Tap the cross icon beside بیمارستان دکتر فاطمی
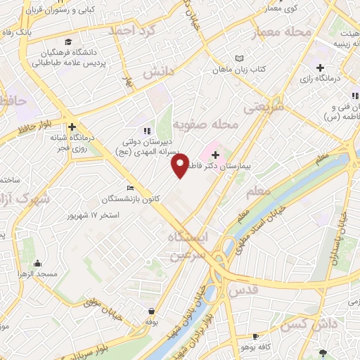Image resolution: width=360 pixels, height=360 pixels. [215, 153]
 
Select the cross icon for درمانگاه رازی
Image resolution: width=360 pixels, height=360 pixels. [320, 67]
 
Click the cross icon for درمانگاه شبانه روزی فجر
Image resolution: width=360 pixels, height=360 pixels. [72, 127]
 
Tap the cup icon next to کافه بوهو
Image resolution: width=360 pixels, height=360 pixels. [255, 337]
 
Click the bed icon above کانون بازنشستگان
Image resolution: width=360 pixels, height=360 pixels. [130, 188]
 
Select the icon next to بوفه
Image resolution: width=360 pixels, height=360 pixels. [152, 311]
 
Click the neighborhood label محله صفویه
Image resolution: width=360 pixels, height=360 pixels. [205, 124]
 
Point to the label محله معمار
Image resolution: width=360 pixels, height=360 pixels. [277, 32]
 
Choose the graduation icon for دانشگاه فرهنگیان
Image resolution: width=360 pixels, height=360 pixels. [67, 41]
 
